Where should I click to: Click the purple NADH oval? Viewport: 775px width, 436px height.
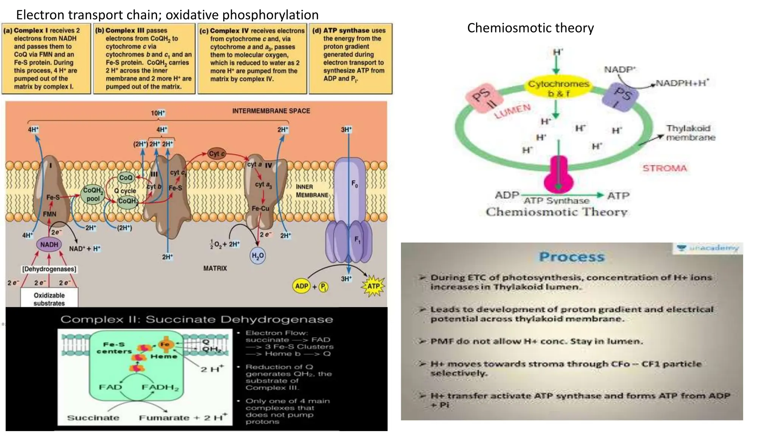[49, 244]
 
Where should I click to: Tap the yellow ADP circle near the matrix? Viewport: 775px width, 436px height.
[302, 286]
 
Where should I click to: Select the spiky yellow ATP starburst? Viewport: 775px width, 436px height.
[373, 286]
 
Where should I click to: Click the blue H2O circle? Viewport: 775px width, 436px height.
[258, 256]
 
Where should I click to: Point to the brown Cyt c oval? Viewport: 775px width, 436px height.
[216, 153]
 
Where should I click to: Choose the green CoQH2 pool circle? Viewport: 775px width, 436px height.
[93, 194]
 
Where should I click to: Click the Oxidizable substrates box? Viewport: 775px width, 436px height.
[49, 299]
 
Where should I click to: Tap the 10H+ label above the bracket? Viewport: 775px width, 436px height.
[158, 113]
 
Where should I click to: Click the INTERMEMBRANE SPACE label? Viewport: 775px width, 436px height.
[271, 111]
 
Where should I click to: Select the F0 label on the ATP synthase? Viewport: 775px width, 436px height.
[355, 184]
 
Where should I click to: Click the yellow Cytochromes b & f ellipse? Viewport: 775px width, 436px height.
[559, 88]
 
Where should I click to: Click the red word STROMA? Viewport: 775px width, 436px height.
[665, 168]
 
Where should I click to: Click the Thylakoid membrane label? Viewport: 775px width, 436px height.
[690, 133]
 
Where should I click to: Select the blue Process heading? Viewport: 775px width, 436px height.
[571, 257]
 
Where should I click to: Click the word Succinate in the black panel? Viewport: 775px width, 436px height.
[93, 418]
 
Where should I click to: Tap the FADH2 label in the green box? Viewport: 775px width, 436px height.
[160, 387]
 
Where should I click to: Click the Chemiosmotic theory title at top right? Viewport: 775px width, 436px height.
[530, 28]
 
